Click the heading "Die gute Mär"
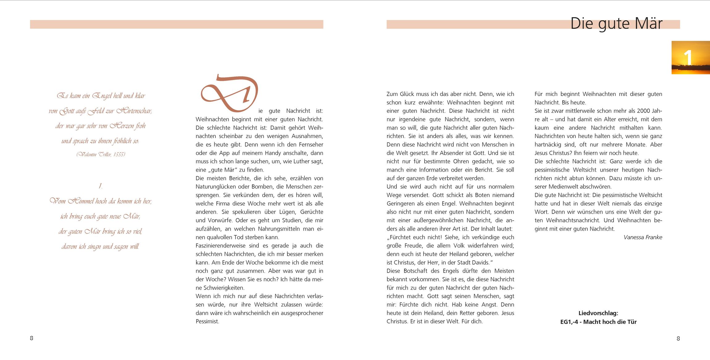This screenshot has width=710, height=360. pyautogui.click(x=616, y=23)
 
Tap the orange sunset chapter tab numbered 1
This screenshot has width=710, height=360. pyautogui.click(x=691, y=57)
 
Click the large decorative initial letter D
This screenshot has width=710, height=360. pyautogui.click(x=229, y=93)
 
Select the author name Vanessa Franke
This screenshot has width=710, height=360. pyautogui.click(x=643, y=237)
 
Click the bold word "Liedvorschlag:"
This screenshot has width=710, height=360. pyautogui.click(x=598, y=313)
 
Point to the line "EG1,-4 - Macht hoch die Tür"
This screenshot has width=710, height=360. pyautogui.click(x=598, y=322)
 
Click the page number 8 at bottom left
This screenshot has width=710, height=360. pyautogui.click(x=31, y=338)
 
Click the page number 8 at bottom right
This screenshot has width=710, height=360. pyautogui.click(x=678, y=338)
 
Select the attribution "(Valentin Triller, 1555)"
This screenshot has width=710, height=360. pyautogui.click(x=101, y=154)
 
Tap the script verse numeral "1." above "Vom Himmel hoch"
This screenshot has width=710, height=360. pyautogui.click(x=100, y=186)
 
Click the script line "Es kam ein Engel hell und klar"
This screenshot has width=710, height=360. pyautogui.click(x=101, y=96)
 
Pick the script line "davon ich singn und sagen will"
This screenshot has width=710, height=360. pyautogui.click(x=100, y=246)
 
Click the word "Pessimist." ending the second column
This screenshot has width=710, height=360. pyautogui.click(x=207, y=321)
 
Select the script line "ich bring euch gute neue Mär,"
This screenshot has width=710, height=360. pyautogui.click(x=100, y=216)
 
